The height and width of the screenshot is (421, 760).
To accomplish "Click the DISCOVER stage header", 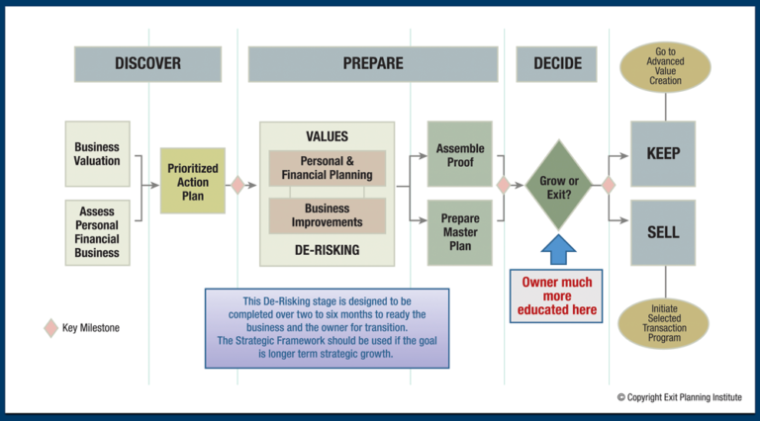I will [147, 63].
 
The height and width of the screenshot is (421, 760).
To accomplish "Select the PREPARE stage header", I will [372, 63].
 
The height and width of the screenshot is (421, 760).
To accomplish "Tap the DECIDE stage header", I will [557, 63].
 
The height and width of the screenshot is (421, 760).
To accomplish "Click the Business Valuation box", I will [97, 154].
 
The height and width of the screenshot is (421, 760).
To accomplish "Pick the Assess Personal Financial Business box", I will [97, 232].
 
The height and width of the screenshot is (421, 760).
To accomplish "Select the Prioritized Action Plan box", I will [193, 182].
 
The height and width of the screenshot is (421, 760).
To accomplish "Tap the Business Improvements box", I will [328, 215].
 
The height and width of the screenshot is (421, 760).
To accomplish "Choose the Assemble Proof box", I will [459, 154].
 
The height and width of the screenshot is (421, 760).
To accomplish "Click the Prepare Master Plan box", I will [459, 231].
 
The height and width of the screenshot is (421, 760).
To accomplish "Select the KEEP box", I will [663, 154].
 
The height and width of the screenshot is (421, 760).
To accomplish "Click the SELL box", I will [663, 232].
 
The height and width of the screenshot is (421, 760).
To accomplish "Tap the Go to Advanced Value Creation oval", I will [665, 67].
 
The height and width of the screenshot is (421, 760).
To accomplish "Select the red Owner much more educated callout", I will [557, 296].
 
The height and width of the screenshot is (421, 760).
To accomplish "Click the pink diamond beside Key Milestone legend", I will [50, 328].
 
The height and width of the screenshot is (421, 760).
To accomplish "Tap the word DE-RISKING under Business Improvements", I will [328, 250].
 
